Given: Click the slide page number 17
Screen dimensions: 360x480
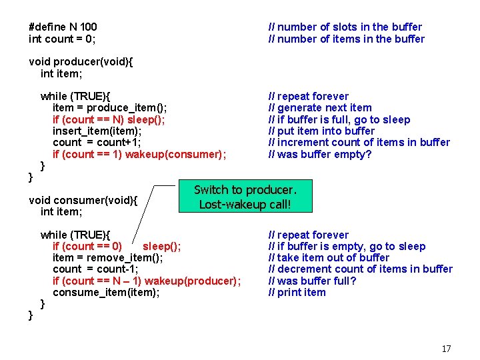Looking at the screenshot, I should click(446, 349).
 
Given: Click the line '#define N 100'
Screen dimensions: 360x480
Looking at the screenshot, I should click(63, 27).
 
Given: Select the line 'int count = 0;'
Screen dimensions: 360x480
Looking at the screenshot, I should click(62, 39).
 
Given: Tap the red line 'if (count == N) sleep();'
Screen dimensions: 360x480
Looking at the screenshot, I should click(109, 119).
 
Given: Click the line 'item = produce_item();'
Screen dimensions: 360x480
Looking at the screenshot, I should click(109, 108).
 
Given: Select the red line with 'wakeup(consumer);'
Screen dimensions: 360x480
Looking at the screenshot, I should click(139, 155).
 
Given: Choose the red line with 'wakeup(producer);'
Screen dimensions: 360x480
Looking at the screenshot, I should click(147, 281).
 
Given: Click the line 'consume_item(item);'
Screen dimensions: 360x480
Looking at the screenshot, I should click(106, 292).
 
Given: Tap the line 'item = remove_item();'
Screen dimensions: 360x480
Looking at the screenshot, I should click(107, 258).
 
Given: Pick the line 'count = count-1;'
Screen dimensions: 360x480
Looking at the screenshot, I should click(95, 269).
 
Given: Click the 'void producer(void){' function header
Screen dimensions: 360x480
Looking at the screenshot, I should click(81, 62).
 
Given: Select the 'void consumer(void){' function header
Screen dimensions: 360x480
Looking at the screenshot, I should click(83, 200).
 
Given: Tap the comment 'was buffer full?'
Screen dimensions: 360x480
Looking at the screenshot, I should click(312, 281).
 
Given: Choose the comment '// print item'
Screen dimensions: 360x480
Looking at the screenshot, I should click(297, 292).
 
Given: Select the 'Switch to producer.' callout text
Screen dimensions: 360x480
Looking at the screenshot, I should click(245, 190).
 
